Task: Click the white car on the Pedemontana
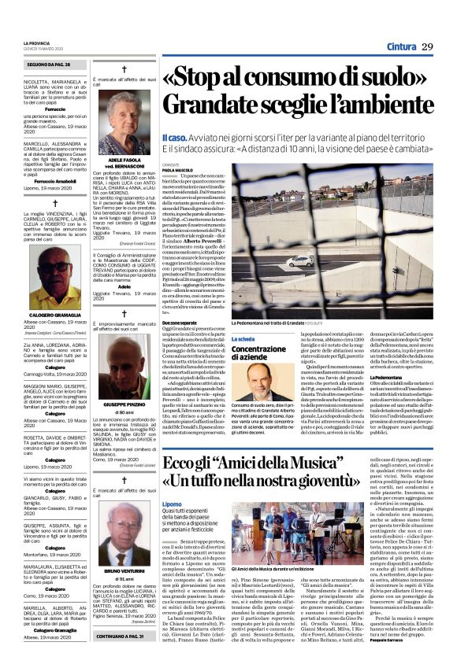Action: tap(298, 262)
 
